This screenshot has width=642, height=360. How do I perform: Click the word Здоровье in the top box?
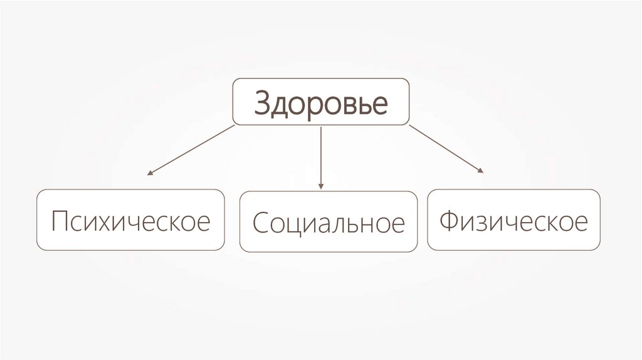320,103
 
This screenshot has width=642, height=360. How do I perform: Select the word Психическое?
130,221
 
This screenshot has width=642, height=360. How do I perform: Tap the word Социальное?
329,224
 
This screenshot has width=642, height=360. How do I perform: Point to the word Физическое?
513,221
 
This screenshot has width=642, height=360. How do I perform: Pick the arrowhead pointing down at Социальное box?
320,186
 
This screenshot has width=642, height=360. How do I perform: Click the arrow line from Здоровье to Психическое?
192,149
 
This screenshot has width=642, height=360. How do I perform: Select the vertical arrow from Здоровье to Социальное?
320,157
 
